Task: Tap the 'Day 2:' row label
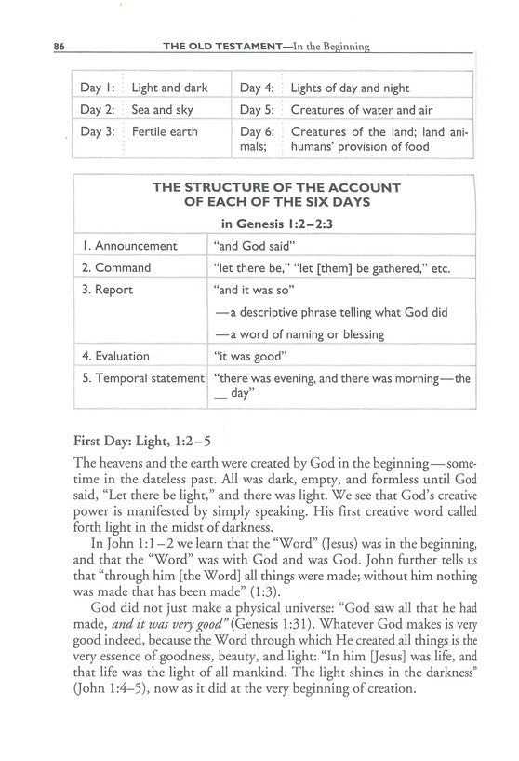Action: [97, 110]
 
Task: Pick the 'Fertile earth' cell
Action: [165, 131]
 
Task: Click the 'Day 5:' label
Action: [256, 110]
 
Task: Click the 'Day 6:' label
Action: [256, 131]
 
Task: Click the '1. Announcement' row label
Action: [128, 246]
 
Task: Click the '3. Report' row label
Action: [107, 290]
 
